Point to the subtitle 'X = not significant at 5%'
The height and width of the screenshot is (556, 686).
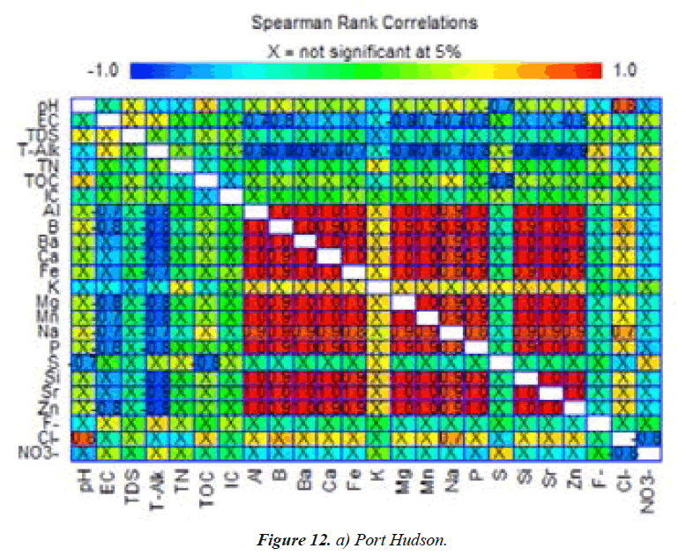[363, 50]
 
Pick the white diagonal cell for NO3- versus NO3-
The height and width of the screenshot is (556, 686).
[648, 454]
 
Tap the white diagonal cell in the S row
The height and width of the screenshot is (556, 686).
[501, 363]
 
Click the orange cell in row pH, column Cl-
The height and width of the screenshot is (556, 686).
[623, 105]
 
